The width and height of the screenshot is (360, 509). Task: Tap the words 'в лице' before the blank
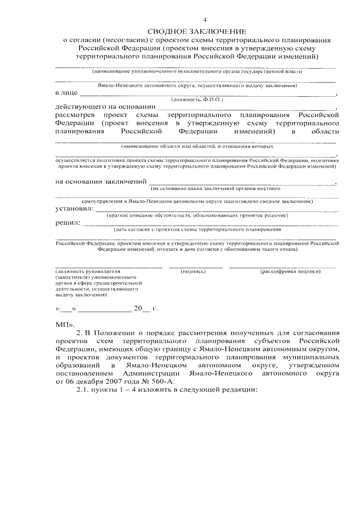66,92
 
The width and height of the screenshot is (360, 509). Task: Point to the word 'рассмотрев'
74,114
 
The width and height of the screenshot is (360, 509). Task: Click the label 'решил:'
67,223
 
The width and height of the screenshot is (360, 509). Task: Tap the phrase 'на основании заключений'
100,181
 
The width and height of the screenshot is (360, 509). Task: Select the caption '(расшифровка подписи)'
290,271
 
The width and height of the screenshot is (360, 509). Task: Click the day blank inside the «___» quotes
66,309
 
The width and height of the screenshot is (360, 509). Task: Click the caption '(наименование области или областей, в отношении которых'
197,146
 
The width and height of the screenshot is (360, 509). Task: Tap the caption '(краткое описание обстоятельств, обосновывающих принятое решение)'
197,215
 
